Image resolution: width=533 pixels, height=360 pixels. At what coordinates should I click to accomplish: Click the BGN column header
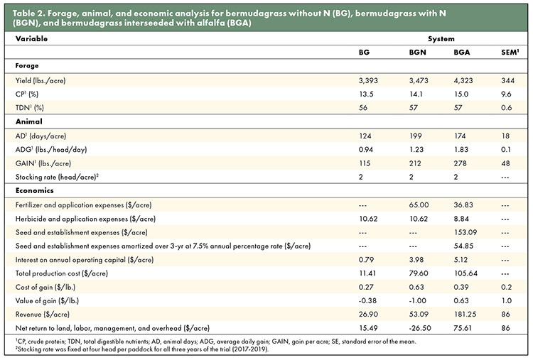point(417,53)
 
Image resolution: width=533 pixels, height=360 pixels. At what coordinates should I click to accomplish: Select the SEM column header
point(510,53)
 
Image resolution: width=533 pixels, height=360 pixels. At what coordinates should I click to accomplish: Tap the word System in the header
point(441,39)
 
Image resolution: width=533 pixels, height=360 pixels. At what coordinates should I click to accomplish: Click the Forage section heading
point(27,65)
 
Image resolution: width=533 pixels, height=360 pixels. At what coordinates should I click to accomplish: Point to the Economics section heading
point(34,190)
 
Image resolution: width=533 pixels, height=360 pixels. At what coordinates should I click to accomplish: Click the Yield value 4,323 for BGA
point(463,80)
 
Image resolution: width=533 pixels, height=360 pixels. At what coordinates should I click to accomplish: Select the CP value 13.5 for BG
point(366,94)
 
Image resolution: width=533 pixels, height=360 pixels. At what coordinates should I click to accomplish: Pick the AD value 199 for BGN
point(416,136)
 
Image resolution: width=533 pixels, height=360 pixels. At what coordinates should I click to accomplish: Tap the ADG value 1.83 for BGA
point(461,149)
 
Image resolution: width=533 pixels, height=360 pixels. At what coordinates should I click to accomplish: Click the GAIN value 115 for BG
point(365,163)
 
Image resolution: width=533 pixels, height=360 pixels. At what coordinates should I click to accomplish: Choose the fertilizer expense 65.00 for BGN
point(419,205)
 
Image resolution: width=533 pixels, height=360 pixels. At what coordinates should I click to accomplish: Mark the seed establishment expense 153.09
point(465,232)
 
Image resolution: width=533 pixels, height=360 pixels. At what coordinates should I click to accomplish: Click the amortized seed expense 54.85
point(463,246)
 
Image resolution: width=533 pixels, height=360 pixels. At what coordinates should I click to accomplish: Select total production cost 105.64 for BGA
point(465,273)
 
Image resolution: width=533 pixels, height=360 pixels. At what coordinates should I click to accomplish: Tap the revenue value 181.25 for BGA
point(465,315)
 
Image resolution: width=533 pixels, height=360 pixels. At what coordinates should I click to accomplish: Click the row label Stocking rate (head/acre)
point(57,177)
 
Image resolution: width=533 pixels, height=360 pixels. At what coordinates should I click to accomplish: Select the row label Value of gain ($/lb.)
point(47,301)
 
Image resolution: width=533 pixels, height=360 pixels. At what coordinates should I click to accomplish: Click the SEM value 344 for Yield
point(507,80)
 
